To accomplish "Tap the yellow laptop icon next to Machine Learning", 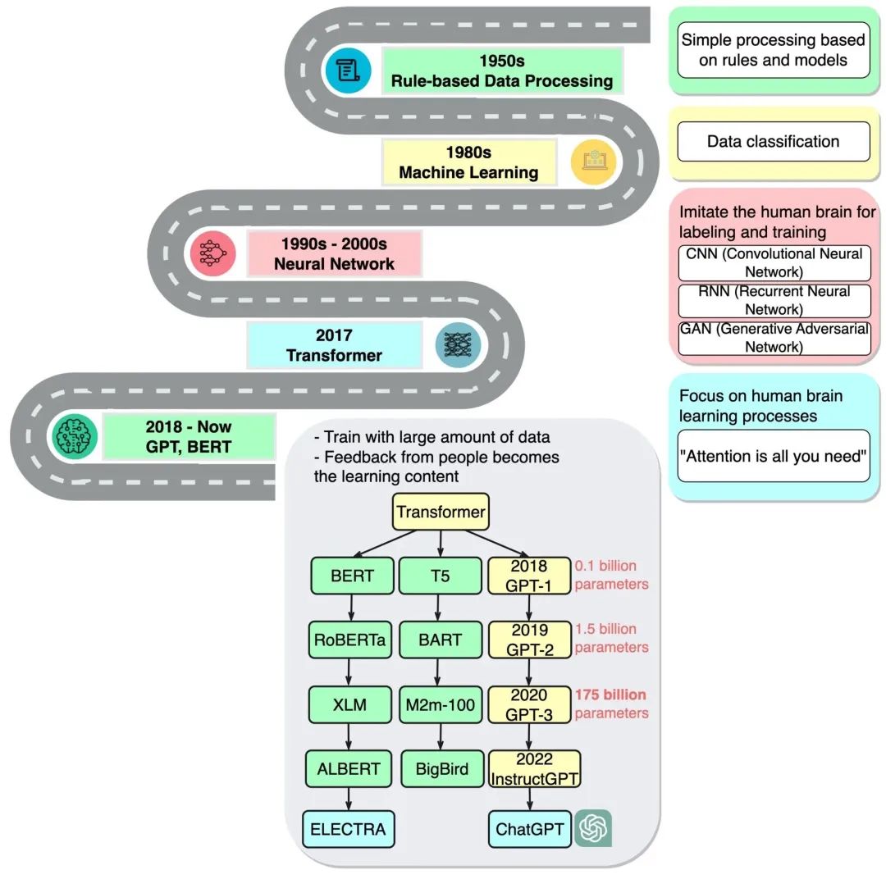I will [x=593, y=161].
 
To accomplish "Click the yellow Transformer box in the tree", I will [x=441, y=513].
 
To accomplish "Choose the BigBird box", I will [x=441, y=769].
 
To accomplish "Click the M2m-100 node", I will [x=441, y=704].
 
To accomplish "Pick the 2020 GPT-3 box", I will [x=529, y=704].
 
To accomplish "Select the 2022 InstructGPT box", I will [x=534, y=769].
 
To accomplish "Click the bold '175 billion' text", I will [x=610, y=695].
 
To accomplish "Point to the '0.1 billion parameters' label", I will [x=611, y=575].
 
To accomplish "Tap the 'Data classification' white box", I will [x=773, y=141].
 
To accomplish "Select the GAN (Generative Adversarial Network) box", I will [x=773, y=338].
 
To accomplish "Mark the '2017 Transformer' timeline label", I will [x=334, y=345].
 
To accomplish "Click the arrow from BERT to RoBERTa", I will [x=351, y=607].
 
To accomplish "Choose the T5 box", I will [x=441, y=576].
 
